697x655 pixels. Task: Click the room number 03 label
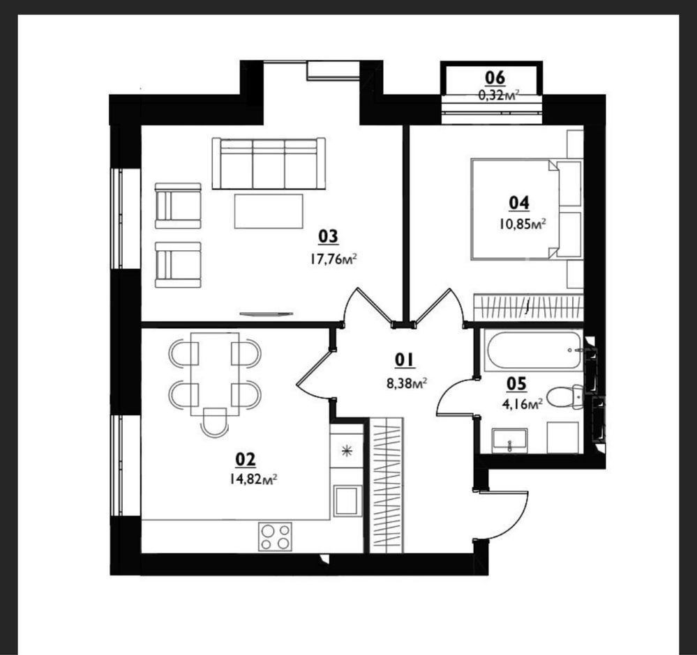[x=328, y=237]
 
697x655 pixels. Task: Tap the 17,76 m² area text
[x=333, y=259]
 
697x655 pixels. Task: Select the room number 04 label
[x=519, y=203]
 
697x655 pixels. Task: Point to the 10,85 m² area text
[x=523, y=224]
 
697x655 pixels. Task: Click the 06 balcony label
[x=495, y=78]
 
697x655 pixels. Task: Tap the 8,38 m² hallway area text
[x=407, y=383]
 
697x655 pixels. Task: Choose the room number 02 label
[x=246, y=459]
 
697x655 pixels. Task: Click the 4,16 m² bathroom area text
[x=521, y=404]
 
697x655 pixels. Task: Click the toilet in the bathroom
[x=564, y=396]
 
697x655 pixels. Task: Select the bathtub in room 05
[x=534, y=350]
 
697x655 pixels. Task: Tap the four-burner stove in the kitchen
[x=276, y=537]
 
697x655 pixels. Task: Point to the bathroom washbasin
[x=509, y=440]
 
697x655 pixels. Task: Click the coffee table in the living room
[x=269, y=211]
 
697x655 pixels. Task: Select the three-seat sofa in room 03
[x=269, y=164]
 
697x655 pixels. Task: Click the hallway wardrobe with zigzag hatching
[x=387, y=485]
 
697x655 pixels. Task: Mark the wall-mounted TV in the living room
[x=267, y=314]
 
